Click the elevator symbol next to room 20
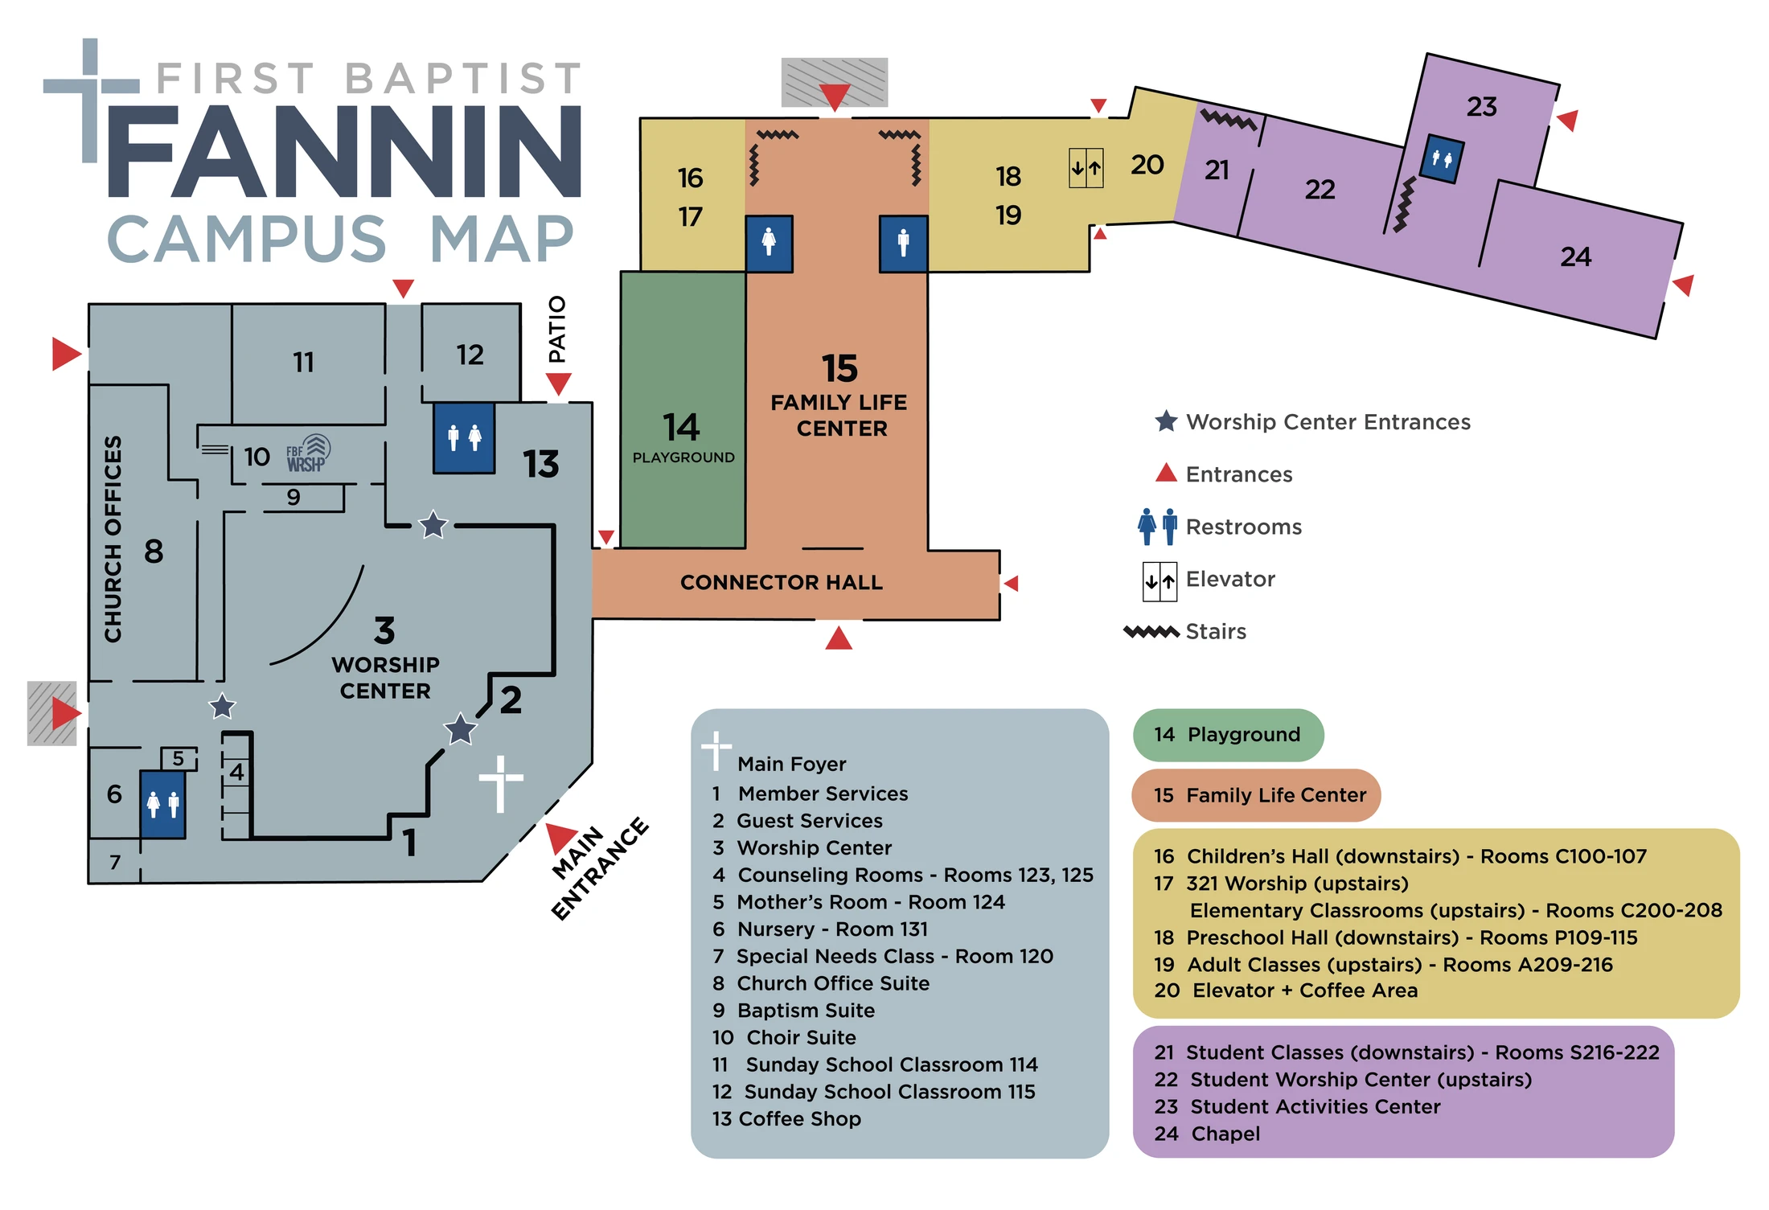1086,168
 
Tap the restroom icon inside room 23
1442,159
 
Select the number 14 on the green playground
681,427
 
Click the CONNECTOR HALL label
782,582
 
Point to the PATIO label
556,330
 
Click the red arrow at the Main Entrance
560,837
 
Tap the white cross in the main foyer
501,783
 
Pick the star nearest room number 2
461,729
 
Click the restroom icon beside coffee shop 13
464,437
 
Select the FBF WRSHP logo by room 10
308,453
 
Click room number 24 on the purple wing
1575,256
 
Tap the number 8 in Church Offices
154,552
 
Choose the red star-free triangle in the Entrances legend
1166,472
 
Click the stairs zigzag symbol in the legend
1151,632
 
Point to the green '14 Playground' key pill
1228,735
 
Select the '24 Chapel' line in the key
1207,1134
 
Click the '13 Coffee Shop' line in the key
786,1118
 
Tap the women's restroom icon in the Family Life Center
769,244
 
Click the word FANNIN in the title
344,151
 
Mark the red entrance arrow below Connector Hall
839,638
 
